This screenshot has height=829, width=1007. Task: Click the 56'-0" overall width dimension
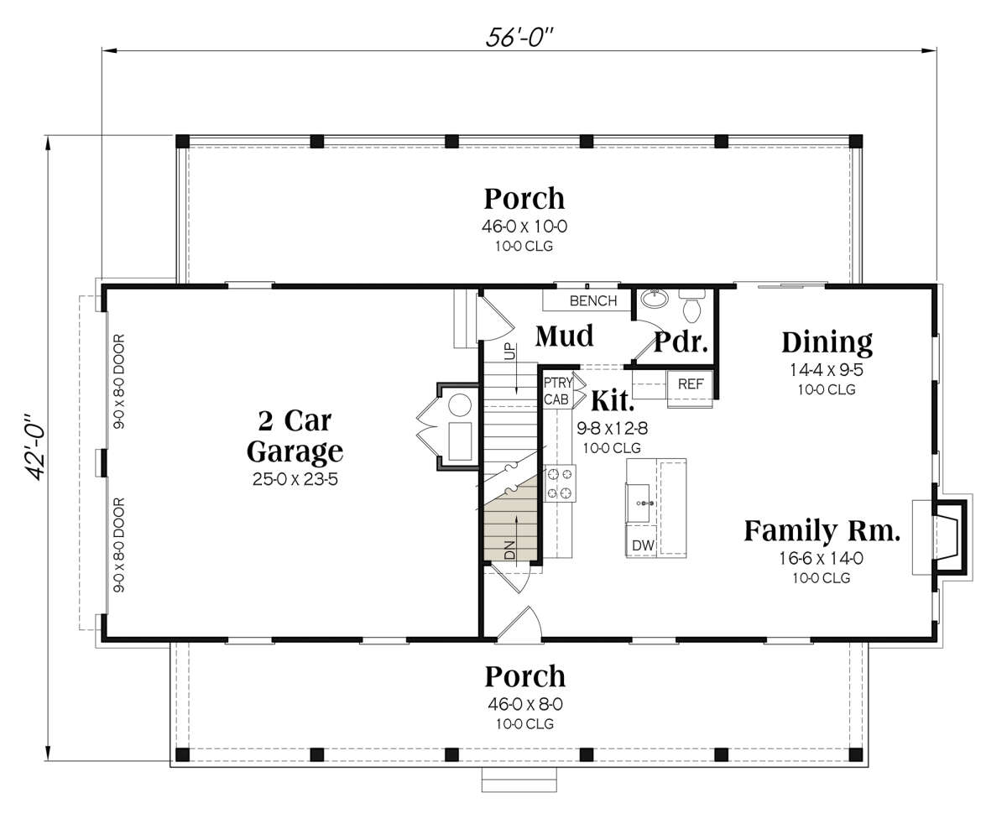point(519,37)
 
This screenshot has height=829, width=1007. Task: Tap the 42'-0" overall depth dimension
point(35,446)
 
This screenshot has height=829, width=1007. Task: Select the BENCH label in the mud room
point(593,301)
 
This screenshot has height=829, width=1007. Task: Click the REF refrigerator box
point(691,384)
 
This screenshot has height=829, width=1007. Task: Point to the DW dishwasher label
point(643,546)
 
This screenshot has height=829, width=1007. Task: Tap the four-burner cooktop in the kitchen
point(560,483)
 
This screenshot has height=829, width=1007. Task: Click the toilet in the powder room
point(691,305)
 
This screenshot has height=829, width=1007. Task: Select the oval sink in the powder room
point(655,299)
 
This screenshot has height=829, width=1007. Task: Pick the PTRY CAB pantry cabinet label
point(558,391)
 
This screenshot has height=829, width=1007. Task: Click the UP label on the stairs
point(510,351)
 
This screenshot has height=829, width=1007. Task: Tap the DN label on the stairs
point(510,550)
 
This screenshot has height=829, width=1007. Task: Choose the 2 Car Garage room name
point(295,436)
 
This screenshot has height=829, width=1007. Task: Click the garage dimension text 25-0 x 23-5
point(295,479)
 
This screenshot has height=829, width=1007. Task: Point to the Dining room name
point(827,343)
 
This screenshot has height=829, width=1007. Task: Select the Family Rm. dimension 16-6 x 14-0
point(821,558)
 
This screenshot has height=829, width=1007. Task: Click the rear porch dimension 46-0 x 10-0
point(524,227)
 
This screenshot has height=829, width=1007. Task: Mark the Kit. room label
point(613,400)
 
